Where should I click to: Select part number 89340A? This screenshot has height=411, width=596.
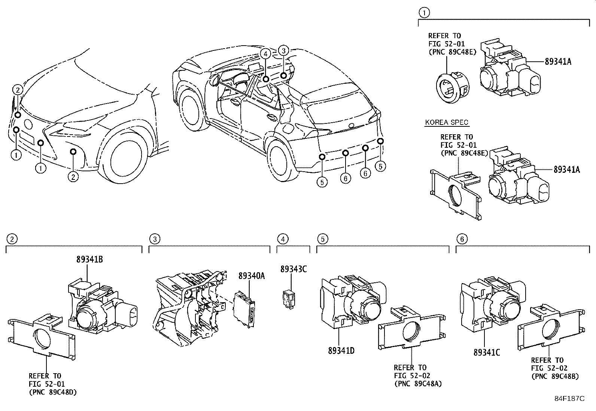click(x=252, y=276)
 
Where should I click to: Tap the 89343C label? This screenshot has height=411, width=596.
click(x=294, y=269)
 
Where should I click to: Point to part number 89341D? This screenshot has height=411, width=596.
click(x=341, y=351)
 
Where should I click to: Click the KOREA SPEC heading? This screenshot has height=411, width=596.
click(x=447, y=122)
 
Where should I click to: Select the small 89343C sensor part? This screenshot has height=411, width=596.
click(x=288, y=300)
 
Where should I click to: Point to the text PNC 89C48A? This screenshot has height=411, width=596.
click(x=417, y=384)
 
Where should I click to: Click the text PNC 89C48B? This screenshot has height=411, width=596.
click(x=555, y=376)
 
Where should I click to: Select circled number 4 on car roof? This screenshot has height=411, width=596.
click(x=265, y=54)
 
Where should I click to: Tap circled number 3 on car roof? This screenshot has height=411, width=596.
click(x=284, y=50)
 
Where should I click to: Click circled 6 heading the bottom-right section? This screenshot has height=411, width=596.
click(x=462, y=239)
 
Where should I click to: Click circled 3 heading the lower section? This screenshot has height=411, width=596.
click(x=155, y=239)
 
